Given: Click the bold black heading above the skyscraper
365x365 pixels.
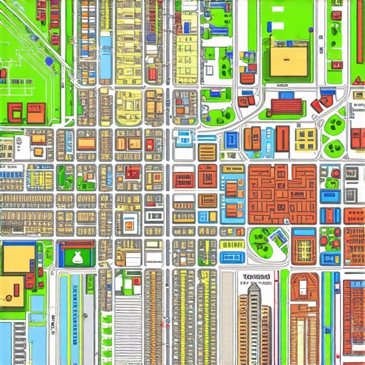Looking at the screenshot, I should (x=256, y=276).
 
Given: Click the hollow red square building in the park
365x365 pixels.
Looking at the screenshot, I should (x=15, y=111).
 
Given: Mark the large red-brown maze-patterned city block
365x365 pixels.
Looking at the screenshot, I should (x=282, y=192).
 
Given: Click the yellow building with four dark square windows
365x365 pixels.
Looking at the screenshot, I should (x=306, y=137).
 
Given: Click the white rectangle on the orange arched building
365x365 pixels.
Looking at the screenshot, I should (x=304, y=285).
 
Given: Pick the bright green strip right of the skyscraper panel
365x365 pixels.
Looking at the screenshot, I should (x=284, y=317).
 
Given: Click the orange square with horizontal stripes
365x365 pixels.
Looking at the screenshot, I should (x=207, y=152).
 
